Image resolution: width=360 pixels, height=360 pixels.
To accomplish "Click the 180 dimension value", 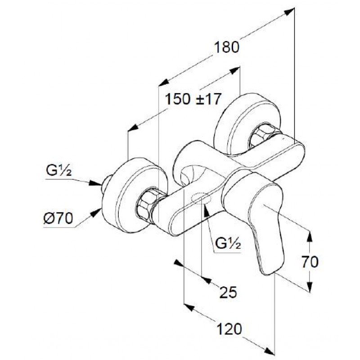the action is [227, 47].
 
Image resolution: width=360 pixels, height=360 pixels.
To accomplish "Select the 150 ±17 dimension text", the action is [193, 99].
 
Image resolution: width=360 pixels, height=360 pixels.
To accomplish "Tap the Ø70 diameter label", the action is [58, 218].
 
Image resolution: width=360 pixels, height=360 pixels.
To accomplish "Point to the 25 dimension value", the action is [228, 292].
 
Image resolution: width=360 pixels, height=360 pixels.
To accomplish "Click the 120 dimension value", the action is [229, 328].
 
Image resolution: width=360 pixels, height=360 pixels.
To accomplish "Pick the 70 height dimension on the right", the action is [310, 262].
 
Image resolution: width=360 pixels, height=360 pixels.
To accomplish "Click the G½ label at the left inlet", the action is [59, 170].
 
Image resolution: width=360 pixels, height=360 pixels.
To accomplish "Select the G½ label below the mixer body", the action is [228, 243].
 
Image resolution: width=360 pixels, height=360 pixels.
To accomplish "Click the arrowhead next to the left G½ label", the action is [95, 183].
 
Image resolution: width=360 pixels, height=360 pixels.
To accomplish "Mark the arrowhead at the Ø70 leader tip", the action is [96, 213].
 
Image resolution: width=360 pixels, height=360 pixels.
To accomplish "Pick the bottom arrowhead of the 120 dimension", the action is [269, 351].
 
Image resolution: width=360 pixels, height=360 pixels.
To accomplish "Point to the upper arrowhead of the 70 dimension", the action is [310, 237].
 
